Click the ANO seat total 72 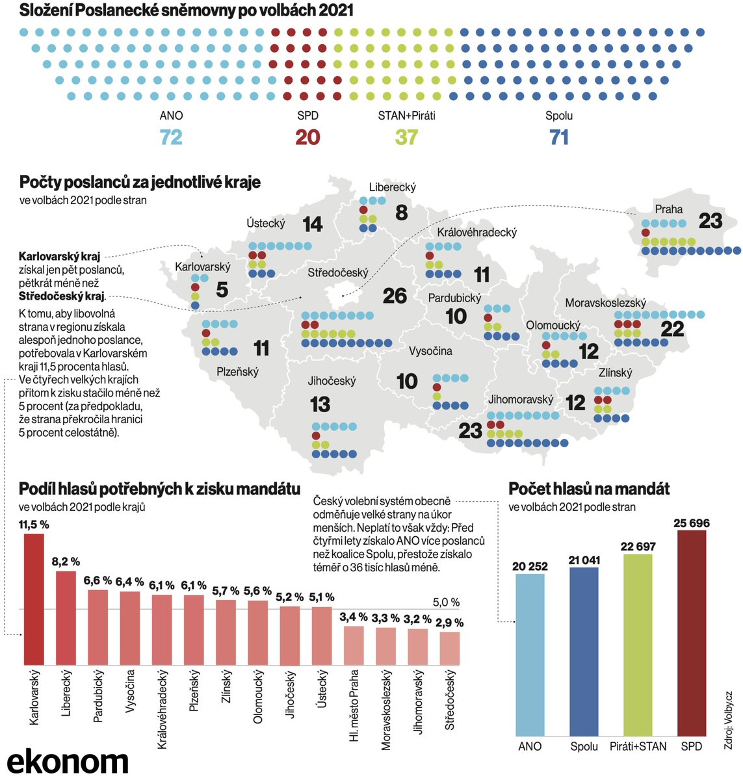171,137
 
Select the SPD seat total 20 307,137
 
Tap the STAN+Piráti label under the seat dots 406,116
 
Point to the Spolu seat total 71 559,137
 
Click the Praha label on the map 668,209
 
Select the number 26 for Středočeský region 395,296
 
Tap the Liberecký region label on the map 392,187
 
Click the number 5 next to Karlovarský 222,289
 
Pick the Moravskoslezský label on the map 605,303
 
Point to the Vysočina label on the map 430,351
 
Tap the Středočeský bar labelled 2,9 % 449,648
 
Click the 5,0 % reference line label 446,602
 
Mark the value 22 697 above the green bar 638,547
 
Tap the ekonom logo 68,760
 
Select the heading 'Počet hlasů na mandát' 589,489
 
